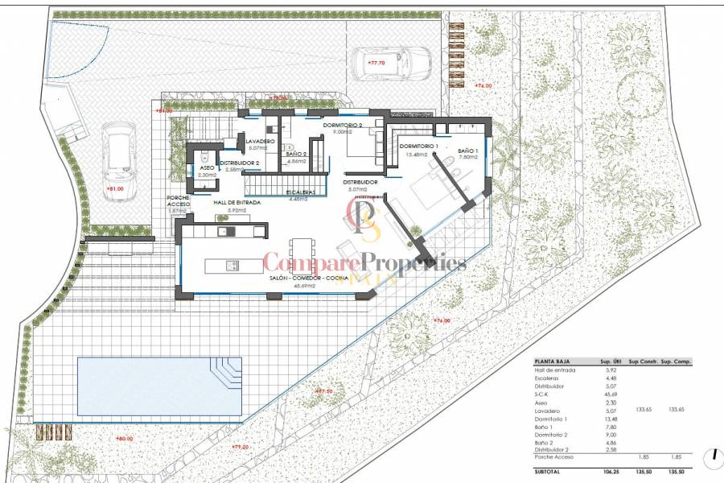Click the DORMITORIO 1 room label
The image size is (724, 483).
[x=418, y=146]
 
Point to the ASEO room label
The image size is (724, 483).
[x=207, y=167]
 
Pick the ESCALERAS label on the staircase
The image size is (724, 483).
[x=305, y=192]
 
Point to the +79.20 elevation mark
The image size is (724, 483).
[x=240, y=447]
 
